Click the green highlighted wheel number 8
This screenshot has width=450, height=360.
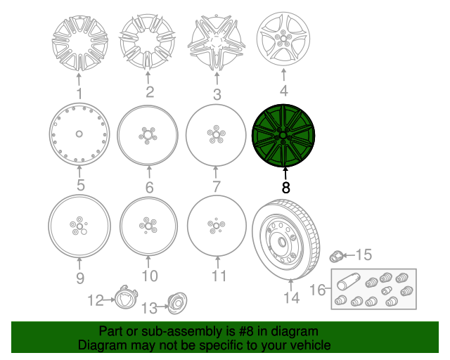(x=283, y=136)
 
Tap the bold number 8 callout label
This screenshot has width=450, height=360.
(x=286, y=188)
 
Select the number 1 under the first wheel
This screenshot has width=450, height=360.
(x=79, y=94)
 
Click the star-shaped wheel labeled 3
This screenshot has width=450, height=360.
(x=217, y=42)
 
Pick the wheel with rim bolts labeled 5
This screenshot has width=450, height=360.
(x=79, y=134)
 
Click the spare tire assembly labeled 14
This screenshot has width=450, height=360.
(x=286, y=239)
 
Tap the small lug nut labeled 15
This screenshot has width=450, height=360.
(x=336, y=256)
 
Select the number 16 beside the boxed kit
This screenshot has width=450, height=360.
(x=318, y=290)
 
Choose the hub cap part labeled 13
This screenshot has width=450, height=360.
(x=177, y=303)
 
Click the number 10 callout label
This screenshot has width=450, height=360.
(x=150, y=276)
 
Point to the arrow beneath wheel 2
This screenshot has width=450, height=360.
(x=148, y=77)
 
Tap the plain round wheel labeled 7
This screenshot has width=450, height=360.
(x=216, y=135)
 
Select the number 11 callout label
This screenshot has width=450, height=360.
(x=219, y=276)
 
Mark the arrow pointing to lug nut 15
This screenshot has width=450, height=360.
(x=349, y=255)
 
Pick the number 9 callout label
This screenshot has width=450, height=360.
(x=80, y=278)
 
